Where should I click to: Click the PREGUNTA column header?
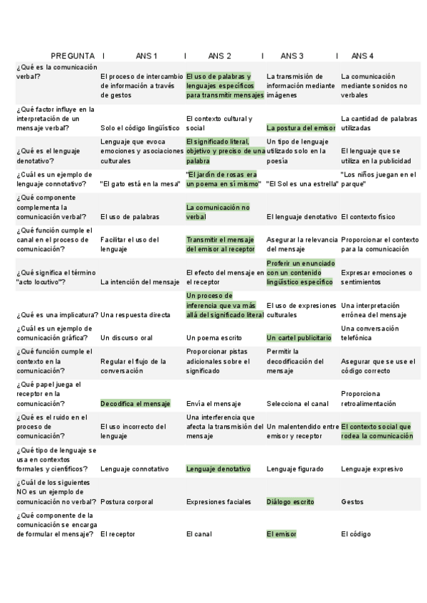[73, 55]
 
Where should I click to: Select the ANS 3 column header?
[292, 55]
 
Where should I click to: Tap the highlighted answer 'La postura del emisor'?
[300, 128]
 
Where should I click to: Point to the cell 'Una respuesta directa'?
[135, 315]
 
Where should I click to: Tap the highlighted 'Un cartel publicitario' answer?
[299, 338]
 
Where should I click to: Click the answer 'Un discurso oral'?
[130, 338]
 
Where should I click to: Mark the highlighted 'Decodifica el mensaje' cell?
[135, 404]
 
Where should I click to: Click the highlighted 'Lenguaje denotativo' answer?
[218, 469]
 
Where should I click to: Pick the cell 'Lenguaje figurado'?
[295, 469]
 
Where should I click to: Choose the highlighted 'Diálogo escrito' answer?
[290, 501]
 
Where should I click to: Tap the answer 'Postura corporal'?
[127, 501]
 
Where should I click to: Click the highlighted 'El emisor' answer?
[281, 534]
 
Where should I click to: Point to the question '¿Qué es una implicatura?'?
[57, 315]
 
